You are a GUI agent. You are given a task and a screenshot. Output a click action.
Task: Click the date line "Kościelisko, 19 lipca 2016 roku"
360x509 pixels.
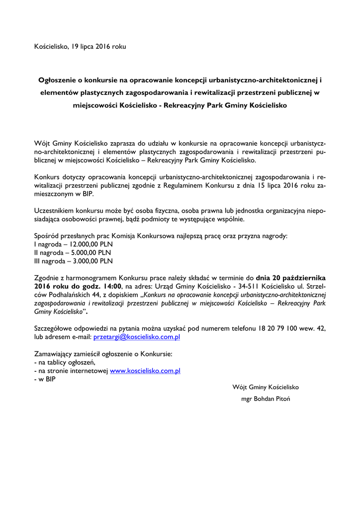pos(80,47)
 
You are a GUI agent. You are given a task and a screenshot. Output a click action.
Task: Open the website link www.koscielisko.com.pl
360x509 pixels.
pos(145,371)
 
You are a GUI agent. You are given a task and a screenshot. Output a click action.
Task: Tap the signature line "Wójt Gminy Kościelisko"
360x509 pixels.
pos(266,387)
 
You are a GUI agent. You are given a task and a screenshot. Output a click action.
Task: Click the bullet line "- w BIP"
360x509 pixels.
pos(45,379)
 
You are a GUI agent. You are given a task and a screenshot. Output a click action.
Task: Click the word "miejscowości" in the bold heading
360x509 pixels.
pos(95,106)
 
